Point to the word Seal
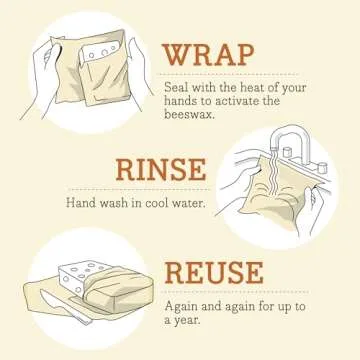pos(176,87)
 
